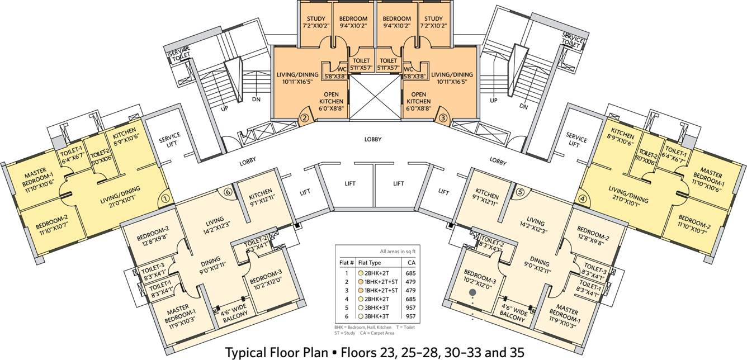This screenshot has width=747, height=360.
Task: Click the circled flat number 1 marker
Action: point(166,199)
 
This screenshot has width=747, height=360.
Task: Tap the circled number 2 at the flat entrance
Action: point(305,117)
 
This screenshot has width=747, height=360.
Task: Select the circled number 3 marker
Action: point(443,117)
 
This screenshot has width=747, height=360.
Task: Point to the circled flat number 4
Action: point(582,199)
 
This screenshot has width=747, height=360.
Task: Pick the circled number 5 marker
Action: point(522,192)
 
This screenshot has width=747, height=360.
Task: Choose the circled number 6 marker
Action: point(228,192)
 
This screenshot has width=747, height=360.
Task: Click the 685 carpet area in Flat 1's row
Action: point(410,273)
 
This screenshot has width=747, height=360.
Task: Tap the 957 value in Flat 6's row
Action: point(410,316)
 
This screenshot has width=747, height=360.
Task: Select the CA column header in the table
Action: point(412,263)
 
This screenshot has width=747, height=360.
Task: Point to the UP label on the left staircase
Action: point(224,108)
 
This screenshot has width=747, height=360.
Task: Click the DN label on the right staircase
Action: point(523,106)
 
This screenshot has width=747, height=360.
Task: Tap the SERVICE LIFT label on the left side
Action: point(170,139)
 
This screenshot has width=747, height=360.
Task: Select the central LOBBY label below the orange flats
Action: point(373,139)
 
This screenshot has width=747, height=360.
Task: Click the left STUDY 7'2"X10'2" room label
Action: point(316,22)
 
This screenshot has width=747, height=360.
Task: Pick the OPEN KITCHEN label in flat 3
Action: point(419,101)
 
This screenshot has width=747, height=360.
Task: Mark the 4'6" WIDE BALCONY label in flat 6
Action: point(235,313)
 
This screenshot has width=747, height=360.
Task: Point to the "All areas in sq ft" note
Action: point(398,252)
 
